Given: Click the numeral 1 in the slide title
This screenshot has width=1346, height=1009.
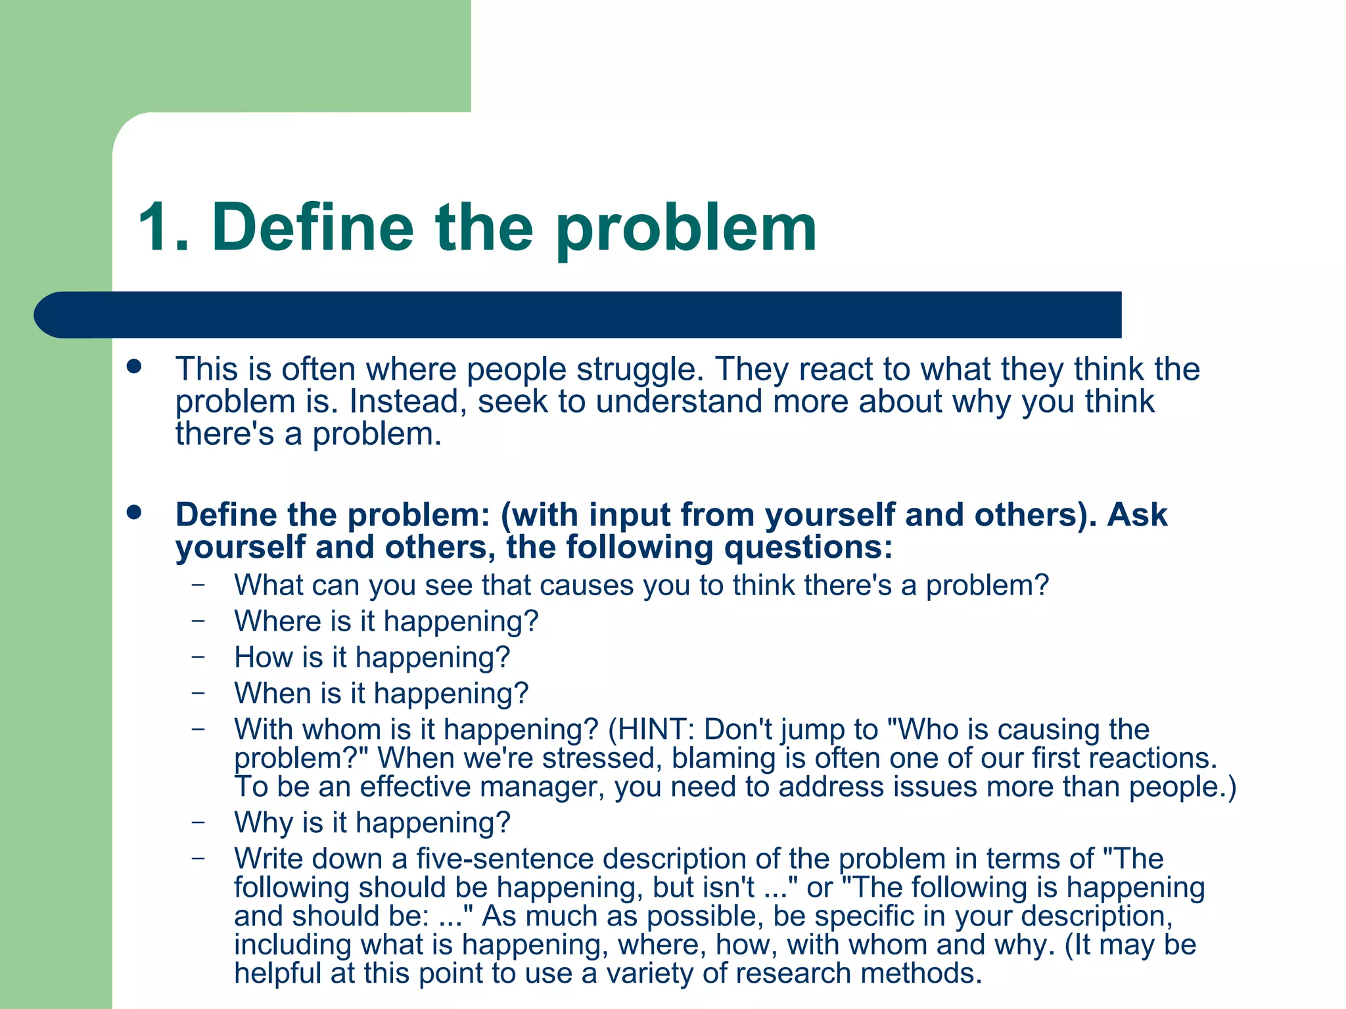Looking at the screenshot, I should click(x=158, y=227).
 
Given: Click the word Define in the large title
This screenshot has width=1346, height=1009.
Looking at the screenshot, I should click(x=312, y=227).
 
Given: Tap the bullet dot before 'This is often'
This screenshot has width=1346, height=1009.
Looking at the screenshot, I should click(x=135, y=367).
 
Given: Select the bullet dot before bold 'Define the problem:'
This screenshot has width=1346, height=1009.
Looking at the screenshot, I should click(x=135, y=512).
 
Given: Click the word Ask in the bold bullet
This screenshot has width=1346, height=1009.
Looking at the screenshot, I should click(x=1137, y=514).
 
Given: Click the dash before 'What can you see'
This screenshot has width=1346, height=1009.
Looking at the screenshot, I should click(x=198, y=583).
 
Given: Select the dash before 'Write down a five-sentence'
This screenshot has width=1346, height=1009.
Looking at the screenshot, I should click(x=198, y=857).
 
